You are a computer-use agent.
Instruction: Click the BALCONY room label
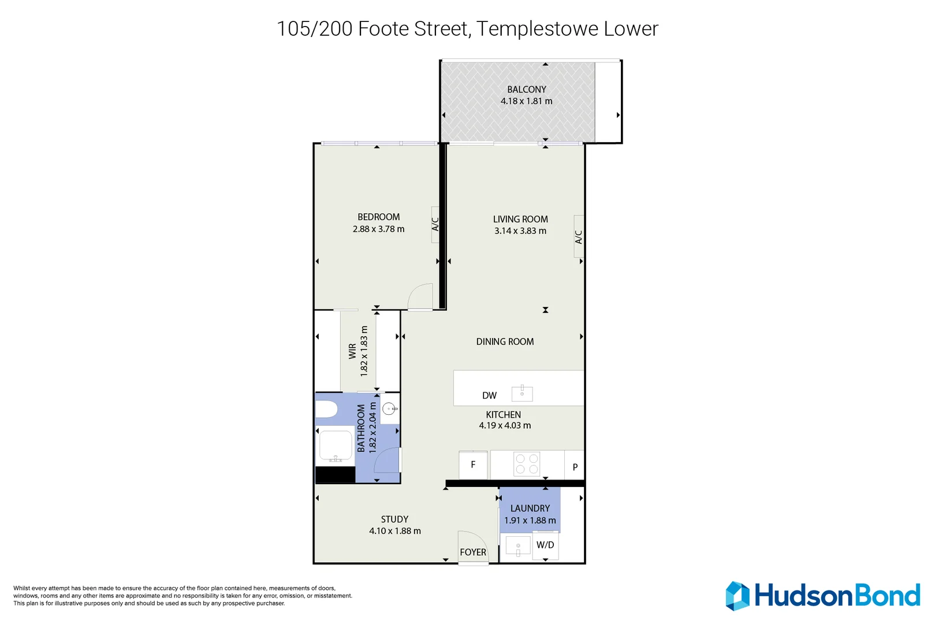[x=526, y=90]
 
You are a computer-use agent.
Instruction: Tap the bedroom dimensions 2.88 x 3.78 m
[x=378, y=229]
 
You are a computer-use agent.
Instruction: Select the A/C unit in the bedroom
[x=435, y=224]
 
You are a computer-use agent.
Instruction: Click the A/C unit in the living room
[x=579, y=237]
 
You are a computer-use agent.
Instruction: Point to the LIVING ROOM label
[x=520, y=219]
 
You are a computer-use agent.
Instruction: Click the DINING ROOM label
[x=505, y=341]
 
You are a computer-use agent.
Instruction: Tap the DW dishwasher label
[x=489, y=396]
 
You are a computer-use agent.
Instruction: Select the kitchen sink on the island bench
[x=522, y=393]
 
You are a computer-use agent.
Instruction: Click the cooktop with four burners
[x=527, y=464]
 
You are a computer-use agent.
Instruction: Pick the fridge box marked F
[x=473, y=465]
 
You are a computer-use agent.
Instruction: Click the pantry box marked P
[x=575, y=466]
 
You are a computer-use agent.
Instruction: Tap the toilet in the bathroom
[x=326, y=409]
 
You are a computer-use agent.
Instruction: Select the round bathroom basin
[x=389, y=408]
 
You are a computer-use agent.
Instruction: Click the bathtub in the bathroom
[x=336, y=446]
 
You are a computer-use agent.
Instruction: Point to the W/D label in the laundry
[x=545, y=545]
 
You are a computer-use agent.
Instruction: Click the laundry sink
[x=517, y=546]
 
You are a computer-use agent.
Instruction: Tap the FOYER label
[x=473, y=552]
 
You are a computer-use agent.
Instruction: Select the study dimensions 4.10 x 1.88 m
[x=395, y=531]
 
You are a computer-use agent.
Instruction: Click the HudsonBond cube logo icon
[x=737, y=596]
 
